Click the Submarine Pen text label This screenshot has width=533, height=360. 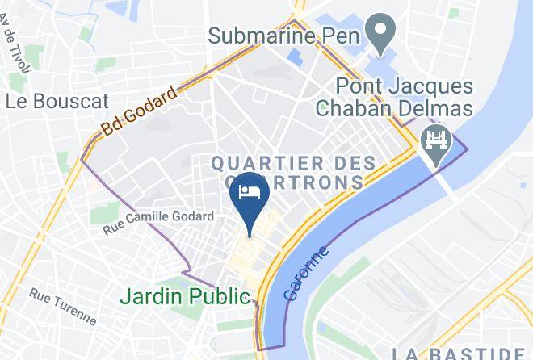[283, 36]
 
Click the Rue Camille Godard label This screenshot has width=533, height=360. [158, 224]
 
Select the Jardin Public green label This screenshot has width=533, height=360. [185, 295]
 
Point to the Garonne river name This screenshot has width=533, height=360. [308, 274]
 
